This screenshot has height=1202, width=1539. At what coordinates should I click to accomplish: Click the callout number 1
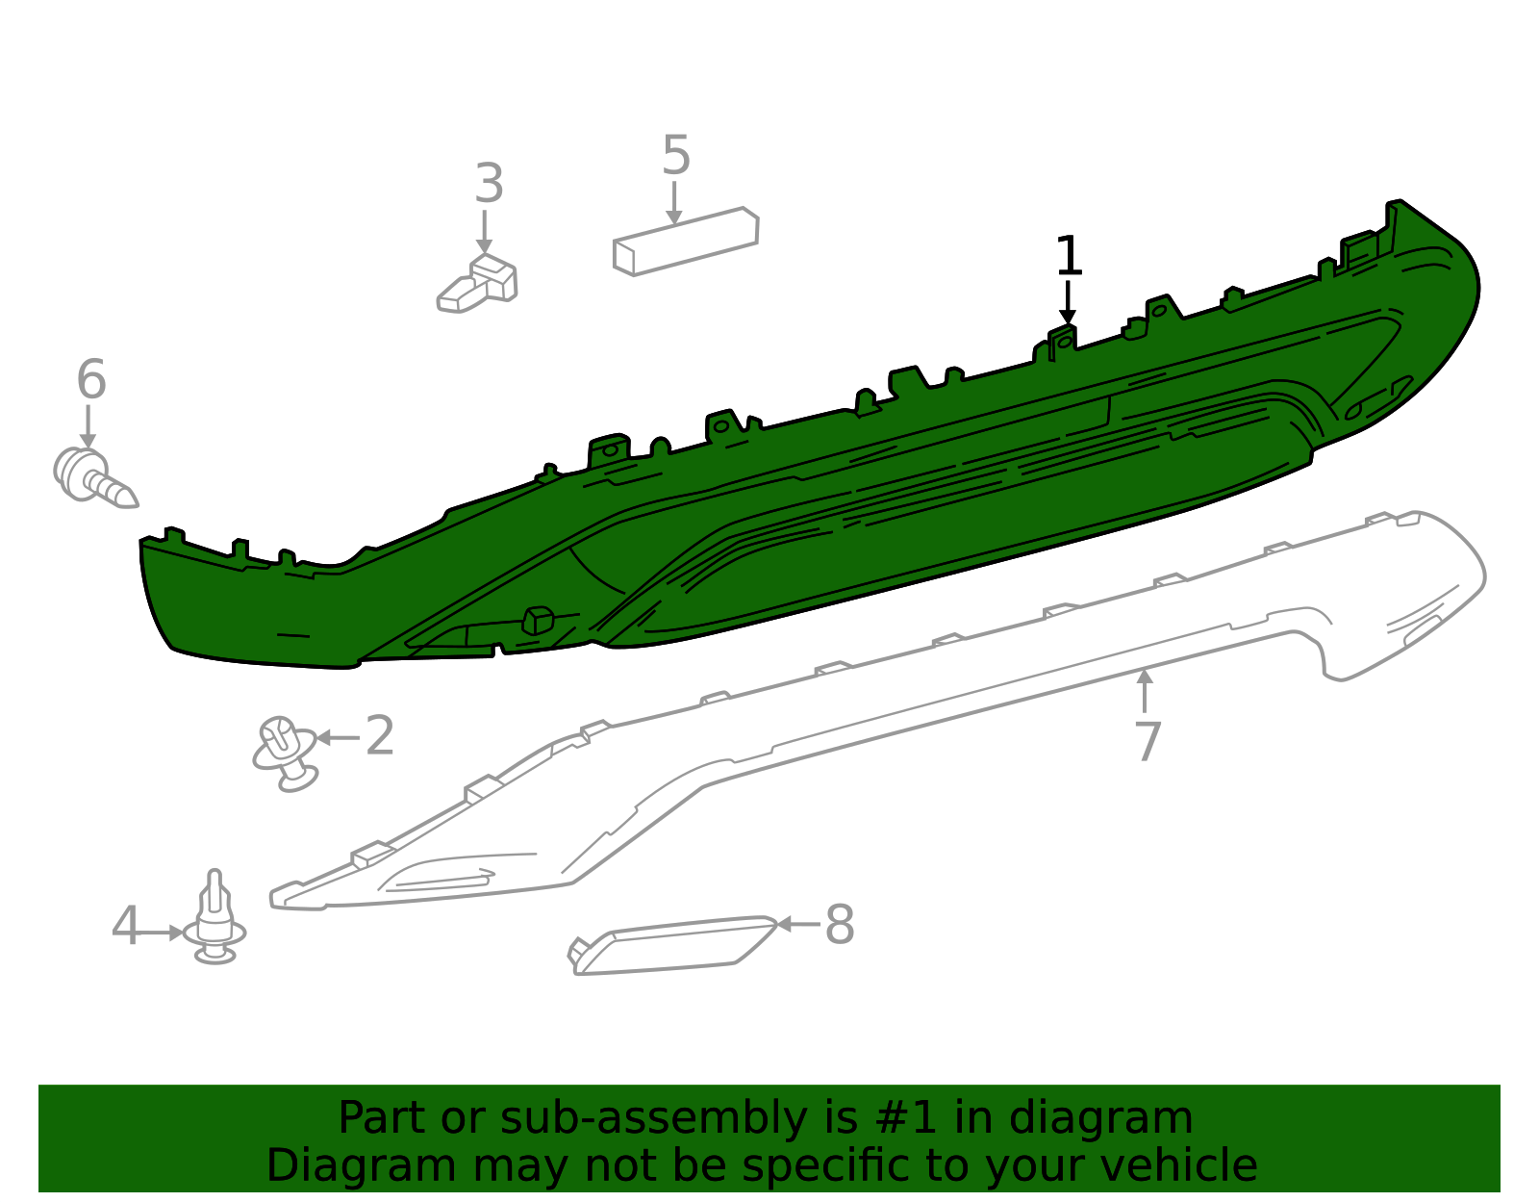[x=1068, y=256]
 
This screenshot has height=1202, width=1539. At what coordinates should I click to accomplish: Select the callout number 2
[x=380, y=735]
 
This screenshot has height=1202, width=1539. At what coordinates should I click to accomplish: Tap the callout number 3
[x=489, y=184]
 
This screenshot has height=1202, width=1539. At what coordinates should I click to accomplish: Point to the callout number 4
[x=125, y=925]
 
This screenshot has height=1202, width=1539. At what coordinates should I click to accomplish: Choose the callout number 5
[x=675, y=155]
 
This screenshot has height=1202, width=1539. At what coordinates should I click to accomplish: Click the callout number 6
[x=91, y=379]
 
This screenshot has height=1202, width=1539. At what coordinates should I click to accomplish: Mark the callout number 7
[x=1148, y=741]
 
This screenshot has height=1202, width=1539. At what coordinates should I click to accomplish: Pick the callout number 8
[x=840, y=924]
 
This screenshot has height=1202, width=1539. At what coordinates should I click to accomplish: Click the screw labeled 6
[x=94, y=478]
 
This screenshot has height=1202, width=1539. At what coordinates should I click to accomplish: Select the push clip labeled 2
[x=285, y=754]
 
